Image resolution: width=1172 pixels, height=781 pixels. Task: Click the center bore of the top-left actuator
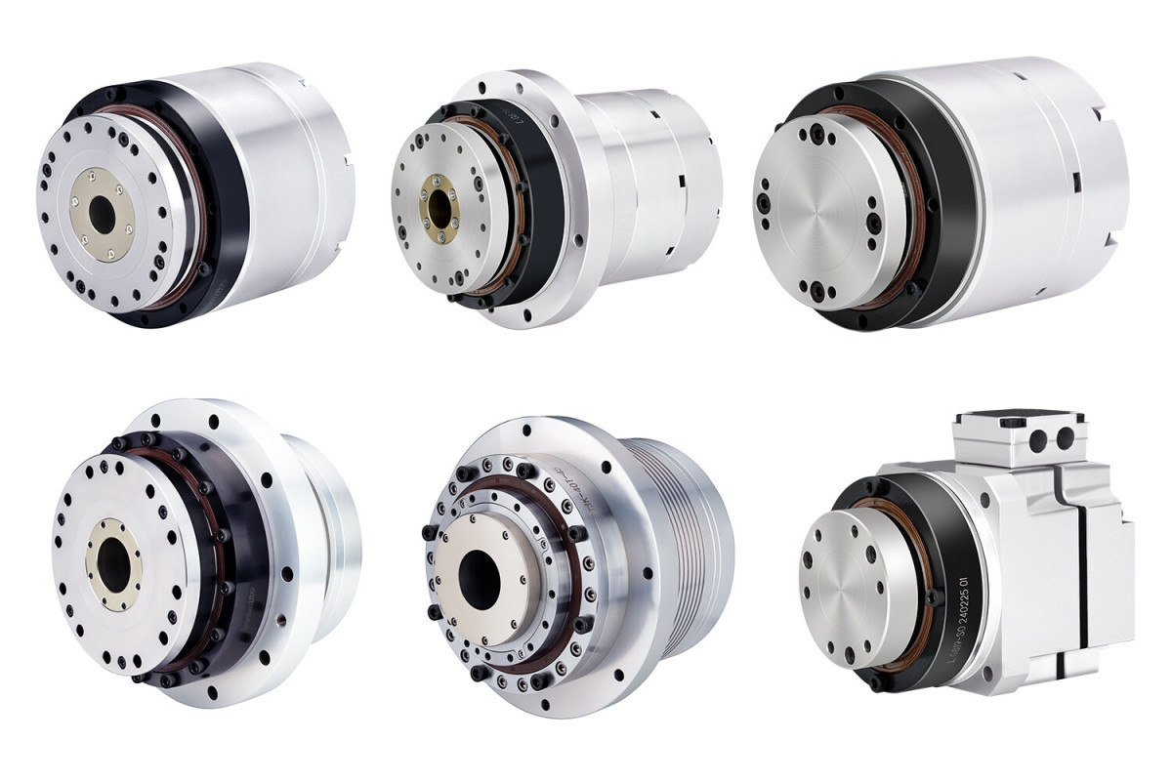tap(101, 213)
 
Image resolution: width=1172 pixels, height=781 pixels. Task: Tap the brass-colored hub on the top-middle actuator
tap(437, 207)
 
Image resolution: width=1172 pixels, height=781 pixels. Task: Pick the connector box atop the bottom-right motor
tap(1016, 434)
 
